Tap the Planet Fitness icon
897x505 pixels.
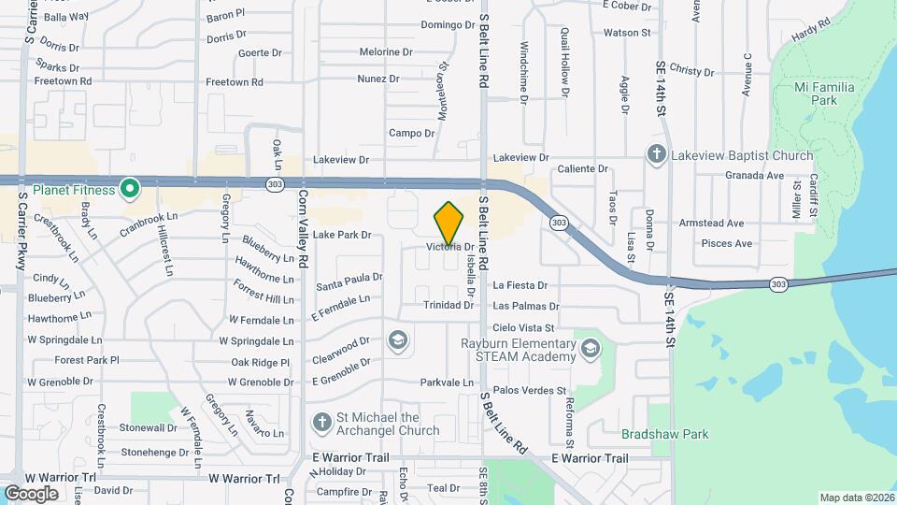pos(132,190)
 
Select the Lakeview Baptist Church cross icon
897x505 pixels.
pos(657,154)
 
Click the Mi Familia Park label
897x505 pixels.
pos(812,92)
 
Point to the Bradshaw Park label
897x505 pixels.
pos(665,434)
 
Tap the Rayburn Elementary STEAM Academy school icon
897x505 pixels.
pos(591,350)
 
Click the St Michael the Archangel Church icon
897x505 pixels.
pos(321,423)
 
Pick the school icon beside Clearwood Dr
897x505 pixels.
pos(398,339)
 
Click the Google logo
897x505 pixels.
pos(32,493)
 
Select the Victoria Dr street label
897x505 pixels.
pos(445,247)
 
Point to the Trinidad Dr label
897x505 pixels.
pos(448,306)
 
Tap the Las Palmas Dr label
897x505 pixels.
pos(526,306)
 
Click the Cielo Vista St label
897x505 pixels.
pos(523,328)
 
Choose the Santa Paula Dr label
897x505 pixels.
pos(349,278)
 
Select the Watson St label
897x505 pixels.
pos(627,33)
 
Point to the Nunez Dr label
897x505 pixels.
pos(378,79)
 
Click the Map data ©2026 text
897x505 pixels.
pos(856,498)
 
